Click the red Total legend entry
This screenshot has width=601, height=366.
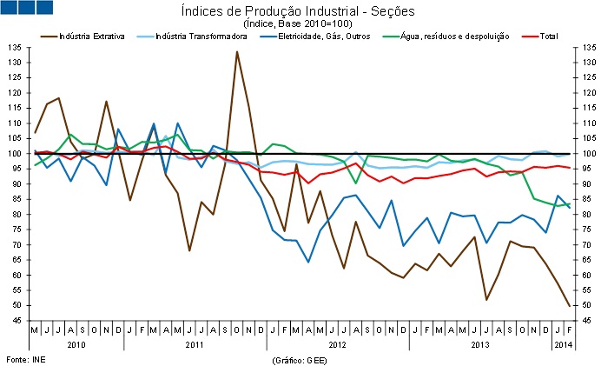(x=548, y=36)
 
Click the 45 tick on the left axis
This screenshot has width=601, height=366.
(x=18, y=321)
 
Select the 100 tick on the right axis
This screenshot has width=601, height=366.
(x=581, y=154)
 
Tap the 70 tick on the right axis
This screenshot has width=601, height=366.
(x=579, y=245)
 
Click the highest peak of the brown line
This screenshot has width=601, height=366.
(x=237, y=52)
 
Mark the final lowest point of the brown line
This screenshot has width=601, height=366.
(x=569, y=306)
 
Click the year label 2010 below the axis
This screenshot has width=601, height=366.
(x=76, y=345)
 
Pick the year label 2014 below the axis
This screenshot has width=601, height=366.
(x=563, y=345)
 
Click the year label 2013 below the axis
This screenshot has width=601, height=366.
(x=479, y=345)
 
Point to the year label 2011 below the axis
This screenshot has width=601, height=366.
(x=195, y=345)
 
